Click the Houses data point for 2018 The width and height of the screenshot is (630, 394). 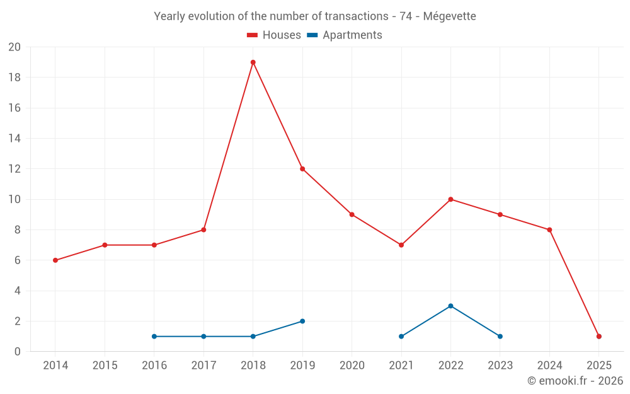253,62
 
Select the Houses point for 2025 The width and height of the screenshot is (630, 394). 598,336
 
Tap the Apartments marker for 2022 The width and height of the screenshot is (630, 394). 450,306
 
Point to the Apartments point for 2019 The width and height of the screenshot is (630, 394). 302,321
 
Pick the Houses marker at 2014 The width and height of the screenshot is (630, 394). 55,260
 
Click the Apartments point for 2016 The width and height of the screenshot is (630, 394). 154,336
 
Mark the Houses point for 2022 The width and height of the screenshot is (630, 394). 450,199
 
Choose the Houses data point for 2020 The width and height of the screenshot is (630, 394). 352,214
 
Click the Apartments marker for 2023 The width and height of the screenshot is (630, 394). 500,336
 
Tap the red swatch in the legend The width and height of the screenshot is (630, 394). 253,35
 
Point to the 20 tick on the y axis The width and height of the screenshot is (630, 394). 14,47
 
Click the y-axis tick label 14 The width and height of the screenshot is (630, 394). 14,139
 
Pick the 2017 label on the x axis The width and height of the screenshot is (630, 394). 203,365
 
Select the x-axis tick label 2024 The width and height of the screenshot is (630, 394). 549,365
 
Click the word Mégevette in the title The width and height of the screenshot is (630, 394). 449,16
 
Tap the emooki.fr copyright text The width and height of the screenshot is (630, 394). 575,381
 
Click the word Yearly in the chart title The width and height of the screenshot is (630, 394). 170,16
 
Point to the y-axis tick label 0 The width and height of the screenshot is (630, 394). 18,352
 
